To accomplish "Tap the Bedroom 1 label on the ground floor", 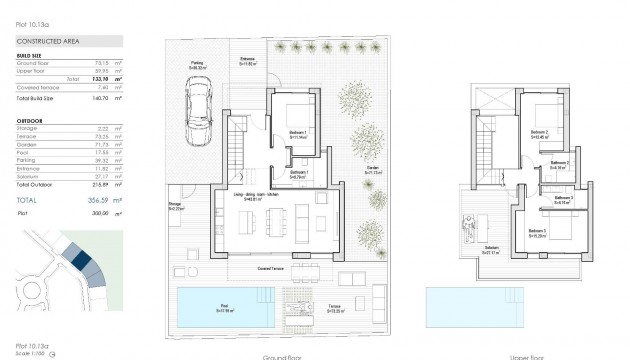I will [297, 133].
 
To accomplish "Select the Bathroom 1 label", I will [297, 171].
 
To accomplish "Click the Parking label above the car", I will [198, 62].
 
